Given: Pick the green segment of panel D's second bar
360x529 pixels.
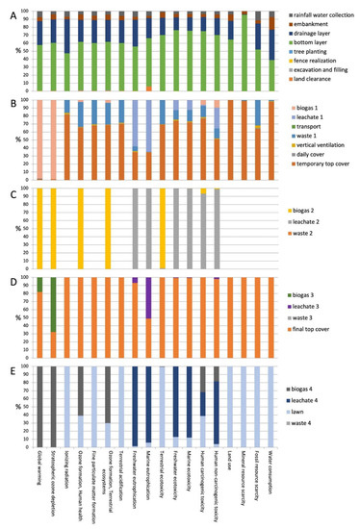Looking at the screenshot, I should [x=53, y=306].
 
